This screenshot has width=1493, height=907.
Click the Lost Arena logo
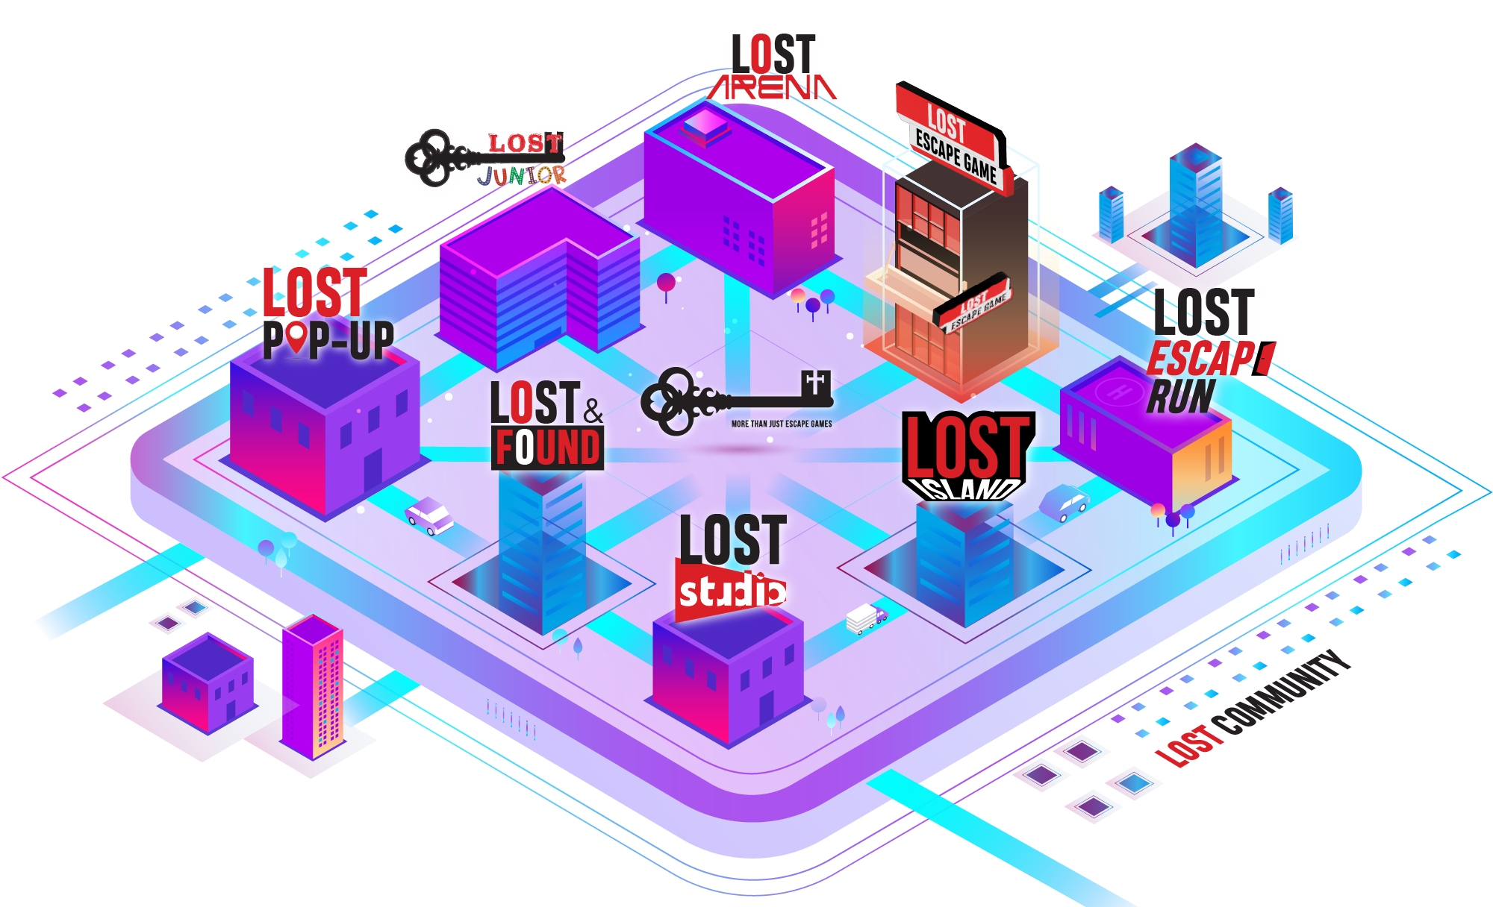[x=773, y=67]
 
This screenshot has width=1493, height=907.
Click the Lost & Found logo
[x=547, y=424]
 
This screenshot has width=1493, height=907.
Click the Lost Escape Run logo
[x=1206, y=351]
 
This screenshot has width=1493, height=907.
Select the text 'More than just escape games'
[x=782, y=424]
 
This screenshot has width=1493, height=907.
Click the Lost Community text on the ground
[x=1254, y=709]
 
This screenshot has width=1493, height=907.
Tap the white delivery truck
[x=866, y=619]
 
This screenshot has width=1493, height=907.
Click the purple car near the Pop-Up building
[x=428, y=515]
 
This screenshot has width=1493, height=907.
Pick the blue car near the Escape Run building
[x=1065, y=503]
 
